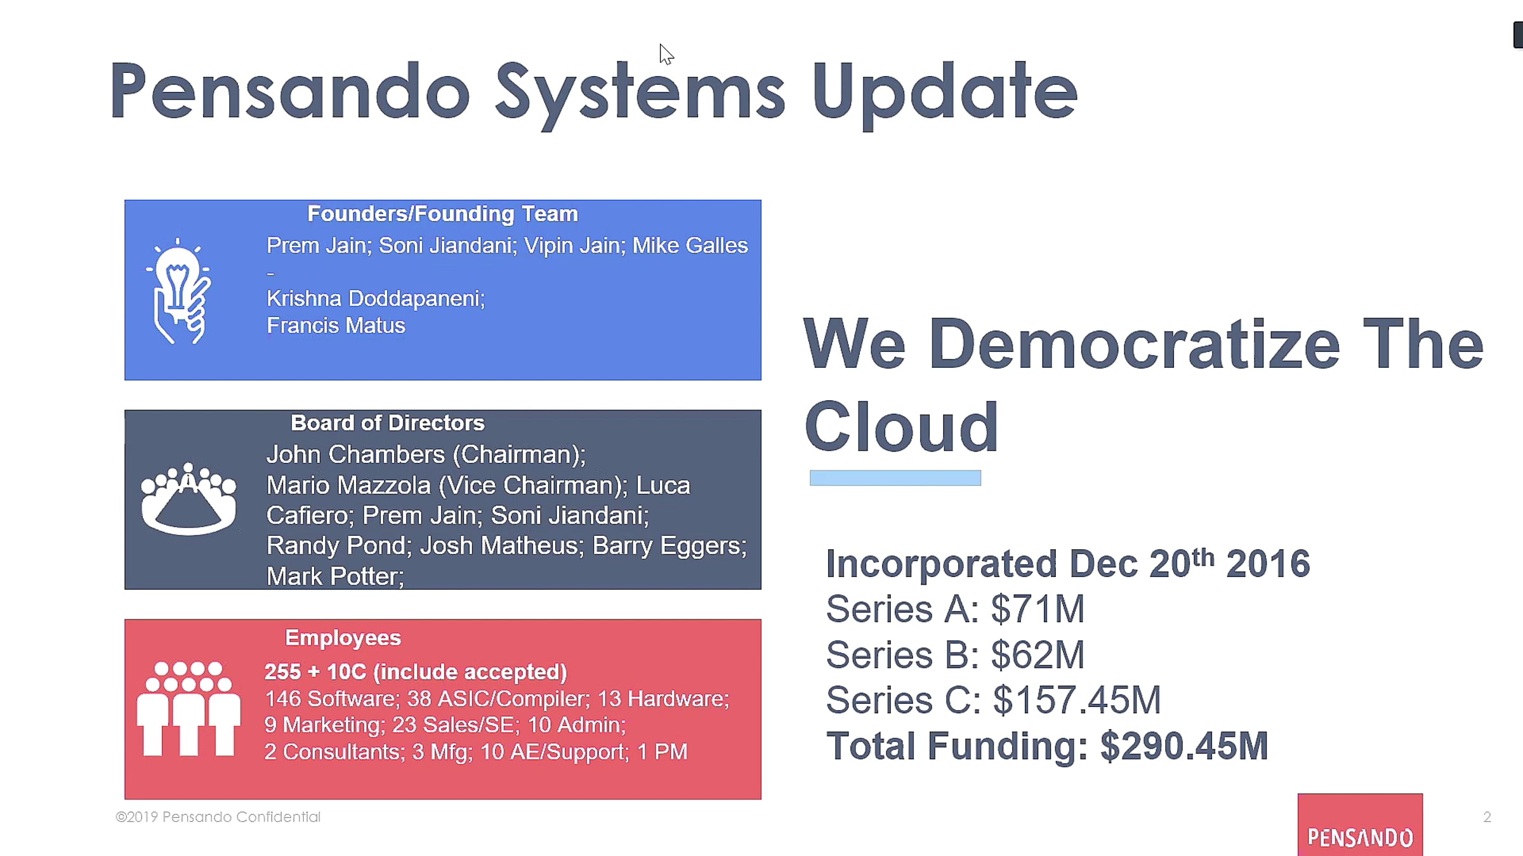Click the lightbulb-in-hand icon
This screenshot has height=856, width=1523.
(178, 291)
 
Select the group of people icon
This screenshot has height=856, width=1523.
(188, 709)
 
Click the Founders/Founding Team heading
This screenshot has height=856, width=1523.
(442, 214)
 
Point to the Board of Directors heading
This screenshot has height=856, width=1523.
(387, 423)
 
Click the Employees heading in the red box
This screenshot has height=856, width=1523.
(343, 638)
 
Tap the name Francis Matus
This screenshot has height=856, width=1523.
(336, 326)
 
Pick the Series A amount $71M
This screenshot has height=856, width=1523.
(1038, 609)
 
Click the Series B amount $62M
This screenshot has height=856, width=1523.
(1038, 655)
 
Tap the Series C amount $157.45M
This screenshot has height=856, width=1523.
(1077, 701)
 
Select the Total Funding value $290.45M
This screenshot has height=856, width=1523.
(1184, 746)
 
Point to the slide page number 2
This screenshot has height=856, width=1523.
(1487, 817)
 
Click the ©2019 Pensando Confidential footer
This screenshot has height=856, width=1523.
(218, 817)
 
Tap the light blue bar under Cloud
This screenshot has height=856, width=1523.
(895, 478)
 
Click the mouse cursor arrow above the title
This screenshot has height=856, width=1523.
(666, 55)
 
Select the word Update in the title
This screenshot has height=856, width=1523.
(944, 93)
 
